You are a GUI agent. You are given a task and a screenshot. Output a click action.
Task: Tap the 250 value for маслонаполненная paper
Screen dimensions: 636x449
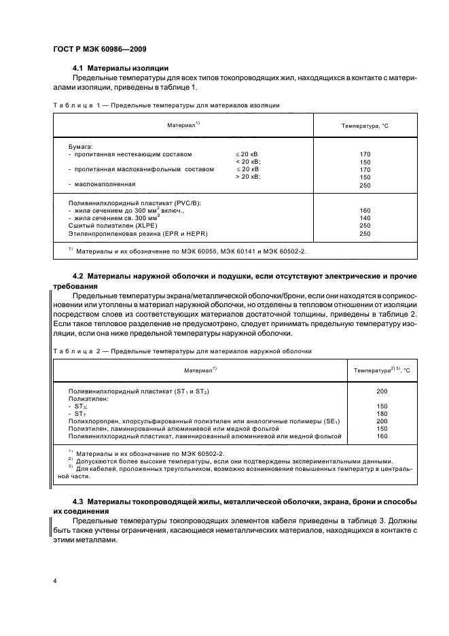[x=365, y=184]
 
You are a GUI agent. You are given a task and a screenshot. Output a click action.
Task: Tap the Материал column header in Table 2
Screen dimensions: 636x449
[x=200, y=370]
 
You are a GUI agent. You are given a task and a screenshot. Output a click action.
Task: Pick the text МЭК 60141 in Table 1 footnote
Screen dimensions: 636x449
[x=247, y=251]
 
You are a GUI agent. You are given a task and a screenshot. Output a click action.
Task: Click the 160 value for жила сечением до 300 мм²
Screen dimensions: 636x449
[x=365, y=211]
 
